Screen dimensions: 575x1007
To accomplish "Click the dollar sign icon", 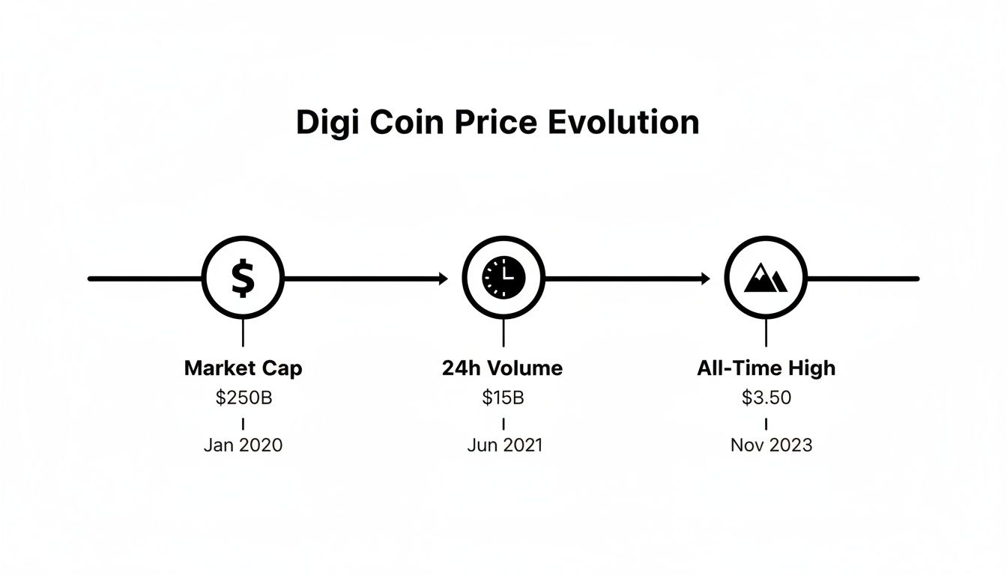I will [243, 279].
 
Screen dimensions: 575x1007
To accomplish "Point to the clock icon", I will [503, 279].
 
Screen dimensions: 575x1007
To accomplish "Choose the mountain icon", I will [766, 279].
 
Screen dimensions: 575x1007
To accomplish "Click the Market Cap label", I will [243, 368].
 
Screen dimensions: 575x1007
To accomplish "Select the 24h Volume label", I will [502, 368].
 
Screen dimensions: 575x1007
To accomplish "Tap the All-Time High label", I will [766, 368].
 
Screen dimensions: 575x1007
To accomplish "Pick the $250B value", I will [244, 398].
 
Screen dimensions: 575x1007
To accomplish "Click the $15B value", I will [503, 398].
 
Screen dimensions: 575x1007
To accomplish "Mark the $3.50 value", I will [766, 398].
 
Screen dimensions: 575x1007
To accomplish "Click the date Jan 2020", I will [243, 445].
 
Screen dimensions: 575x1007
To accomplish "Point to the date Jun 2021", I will [504, 445].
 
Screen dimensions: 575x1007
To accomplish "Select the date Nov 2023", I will [771, 445].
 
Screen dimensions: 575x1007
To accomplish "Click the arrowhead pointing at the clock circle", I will [443, 279].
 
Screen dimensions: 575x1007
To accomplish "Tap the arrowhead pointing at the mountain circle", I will [705, 279].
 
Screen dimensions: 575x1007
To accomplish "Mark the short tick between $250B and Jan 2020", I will [243, 424].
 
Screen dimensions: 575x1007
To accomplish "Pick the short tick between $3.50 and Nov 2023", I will [766, 424].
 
